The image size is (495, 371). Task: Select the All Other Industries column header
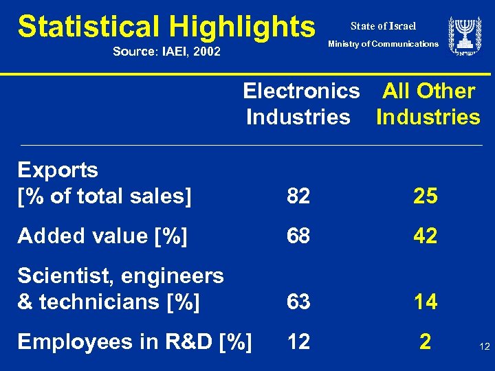pyautogui.click(x=428, y=104)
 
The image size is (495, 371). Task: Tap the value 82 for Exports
pyautogui.click(x=298, y=196)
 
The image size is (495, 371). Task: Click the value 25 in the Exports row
pyautogui.click(x=426, y=196)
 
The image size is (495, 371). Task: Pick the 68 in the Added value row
pyautogui.click(x=298, y=236)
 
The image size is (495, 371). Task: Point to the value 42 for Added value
pyautogui.click(x=426, y=236)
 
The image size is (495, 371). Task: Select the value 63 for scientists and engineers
pyautogui.click(x=298, y=302)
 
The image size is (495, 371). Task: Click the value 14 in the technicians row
pyautogui.click(x=426, y=302)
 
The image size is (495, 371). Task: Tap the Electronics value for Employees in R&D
pyautogui.click(x=298, y=341)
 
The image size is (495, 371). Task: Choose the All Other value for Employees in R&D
pyautogui.click(x=426, y=341)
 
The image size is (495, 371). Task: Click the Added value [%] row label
pyautogui.click(x=102, y=236)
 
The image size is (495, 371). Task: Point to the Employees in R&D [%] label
pyautogui.click(x=135, y=341)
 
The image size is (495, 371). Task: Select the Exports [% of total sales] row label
pyautogui.click(x=104, y=183)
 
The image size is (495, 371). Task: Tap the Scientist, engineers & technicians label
pyautogui.click(x=120, y=289)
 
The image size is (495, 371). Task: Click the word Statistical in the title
pyautogui.click(x=88, y=26)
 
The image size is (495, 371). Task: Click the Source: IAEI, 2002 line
pyautogui.click(x=166, y=50)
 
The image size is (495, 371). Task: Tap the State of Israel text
pyautogui.click(x=383, y=26)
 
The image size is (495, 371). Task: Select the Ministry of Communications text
pyautogui.click(x=383, y=44)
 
